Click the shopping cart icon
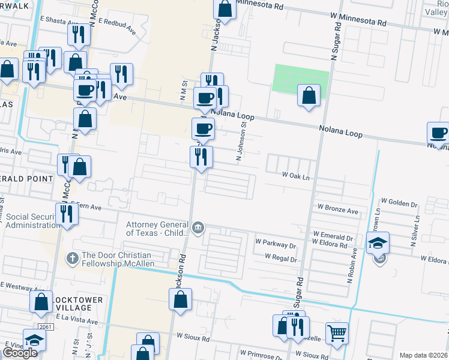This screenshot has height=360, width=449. (x=337, y=331)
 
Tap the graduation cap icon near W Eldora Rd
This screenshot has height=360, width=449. (x=378, y=243)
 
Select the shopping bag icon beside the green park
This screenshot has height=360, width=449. (x=309, y=95)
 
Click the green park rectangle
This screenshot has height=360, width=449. (x=301, y=77)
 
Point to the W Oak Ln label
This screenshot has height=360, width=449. (x=296, y=176)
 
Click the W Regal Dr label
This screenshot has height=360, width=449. (x=277, y=259)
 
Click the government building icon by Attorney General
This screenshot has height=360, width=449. (x=198, y=227)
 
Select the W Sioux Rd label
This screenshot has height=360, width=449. (x=193, y=338)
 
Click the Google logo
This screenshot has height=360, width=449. (x=19, y=353)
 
